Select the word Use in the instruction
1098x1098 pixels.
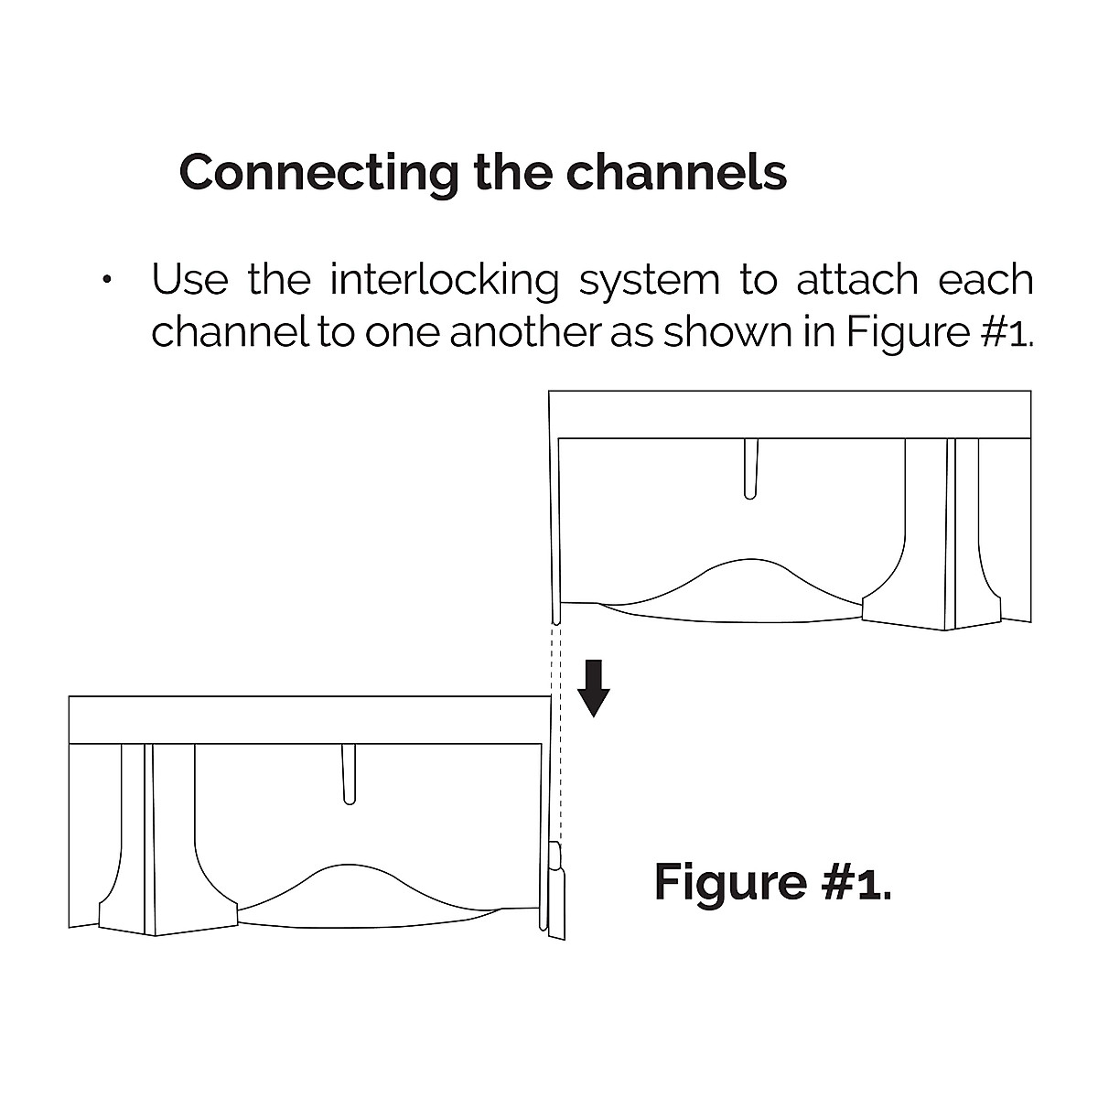189,279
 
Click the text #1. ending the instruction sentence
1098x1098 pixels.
1007,333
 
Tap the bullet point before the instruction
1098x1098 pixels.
107,280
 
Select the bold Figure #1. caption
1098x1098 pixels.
772,881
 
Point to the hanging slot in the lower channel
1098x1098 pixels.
349,774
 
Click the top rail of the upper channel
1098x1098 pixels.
791,414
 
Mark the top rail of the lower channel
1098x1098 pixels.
309,719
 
